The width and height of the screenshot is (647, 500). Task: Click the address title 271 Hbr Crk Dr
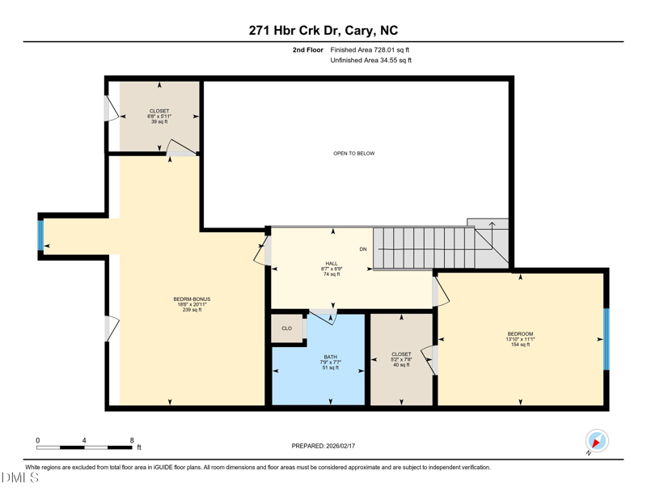tap(294, 31)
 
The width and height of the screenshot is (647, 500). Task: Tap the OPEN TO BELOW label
tap(354, 153)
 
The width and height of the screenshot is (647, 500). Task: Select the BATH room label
tap(331, 357)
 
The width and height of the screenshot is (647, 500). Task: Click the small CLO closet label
tap(287, 328)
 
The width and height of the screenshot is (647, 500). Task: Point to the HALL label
tap(332, 264)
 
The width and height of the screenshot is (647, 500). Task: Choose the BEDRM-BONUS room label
tap(192, 299)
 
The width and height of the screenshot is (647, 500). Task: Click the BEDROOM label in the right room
tap(520, 333)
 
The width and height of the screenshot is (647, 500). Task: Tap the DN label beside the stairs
tap(363, 249)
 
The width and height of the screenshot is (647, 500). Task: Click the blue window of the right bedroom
tap(606, 339)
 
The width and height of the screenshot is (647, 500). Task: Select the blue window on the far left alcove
tap(40, 235)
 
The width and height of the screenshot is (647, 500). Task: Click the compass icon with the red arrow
tap(597, 441)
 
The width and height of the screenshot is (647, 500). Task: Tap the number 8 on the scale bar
tap(132, 440)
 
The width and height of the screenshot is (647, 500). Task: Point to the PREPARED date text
tap(323, 446)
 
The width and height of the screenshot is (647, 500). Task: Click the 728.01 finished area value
tap(383, 50)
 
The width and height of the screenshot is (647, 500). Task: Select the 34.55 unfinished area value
tap(387, 61)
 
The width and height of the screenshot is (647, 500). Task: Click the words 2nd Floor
tap(308, 50)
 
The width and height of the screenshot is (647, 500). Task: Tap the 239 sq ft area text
tap(192, 310)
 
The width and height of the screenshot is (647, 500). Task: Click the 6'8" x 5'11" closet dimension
tap(159, 117)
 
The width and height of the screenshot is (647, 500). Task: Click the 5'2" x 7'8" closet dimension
tap(401, 359)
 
